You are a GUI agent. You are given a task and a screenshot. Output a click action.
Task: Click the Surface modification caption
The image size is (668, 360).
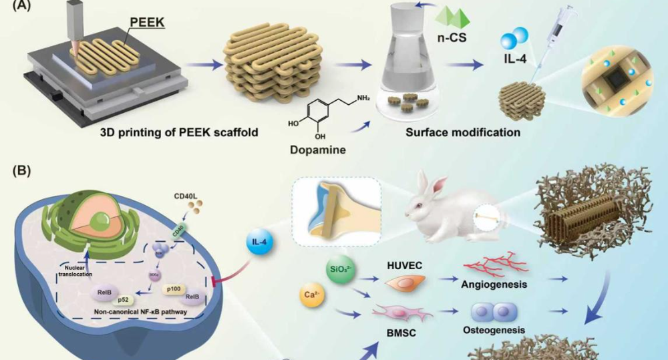463,132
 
